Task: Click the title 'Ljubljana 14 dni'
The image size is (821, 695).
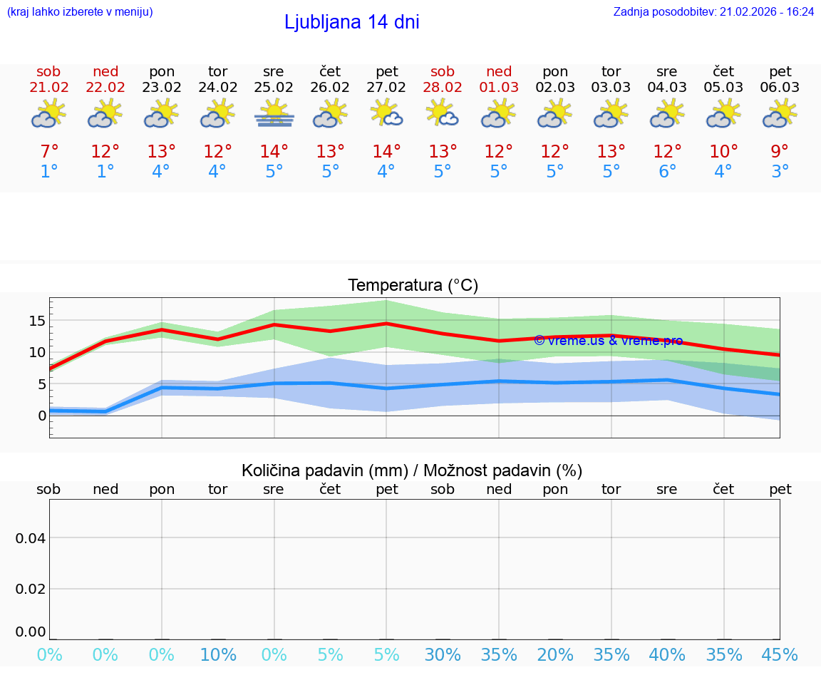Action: [x=351, y=22]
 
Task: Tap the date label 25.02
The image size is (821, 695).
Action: [x=274, y=88]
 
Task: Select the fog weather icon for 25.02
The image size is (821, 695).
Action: [x=274, y=113]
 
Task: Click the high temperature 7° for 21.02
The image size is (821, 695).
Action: [x=49, y=152]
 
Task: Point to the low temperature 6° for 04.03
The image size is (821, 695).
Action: [x=667, y=172]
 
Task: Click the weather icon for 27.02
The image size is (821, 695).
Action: [x=386, y=113]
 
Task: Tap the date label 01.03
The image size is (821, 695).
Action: [x=499, y=88]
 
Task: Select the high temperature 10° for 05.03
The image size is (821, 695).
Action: [x=723, y=152]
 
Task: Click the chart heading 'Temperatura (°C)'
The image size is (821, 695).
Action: [x=413, y=286]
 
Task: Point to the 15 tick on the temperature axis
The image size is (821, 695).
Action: [x=37, y=321]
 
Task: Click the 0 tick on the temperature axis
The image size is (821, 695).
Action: [x=42, y=416]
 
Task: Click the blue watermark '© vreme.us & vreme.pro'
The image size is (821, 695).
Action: [x=608, y=341]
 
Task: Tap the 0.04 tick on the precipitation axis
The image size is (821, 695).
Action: [x=31, y=538]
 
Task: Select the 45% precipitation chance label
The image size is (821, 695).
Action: [x=780, y=655]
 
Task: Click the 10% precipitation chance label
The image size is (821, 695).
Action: [x=218, y=655]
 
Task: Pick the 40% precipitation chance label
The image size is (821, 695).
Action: [x=667, y=655]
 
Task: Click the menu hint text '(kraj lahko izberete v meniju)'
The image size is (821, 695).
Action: [x=80, y=12]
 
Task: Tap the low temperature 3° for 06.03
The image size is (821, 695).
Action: [x=780, y=172]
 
